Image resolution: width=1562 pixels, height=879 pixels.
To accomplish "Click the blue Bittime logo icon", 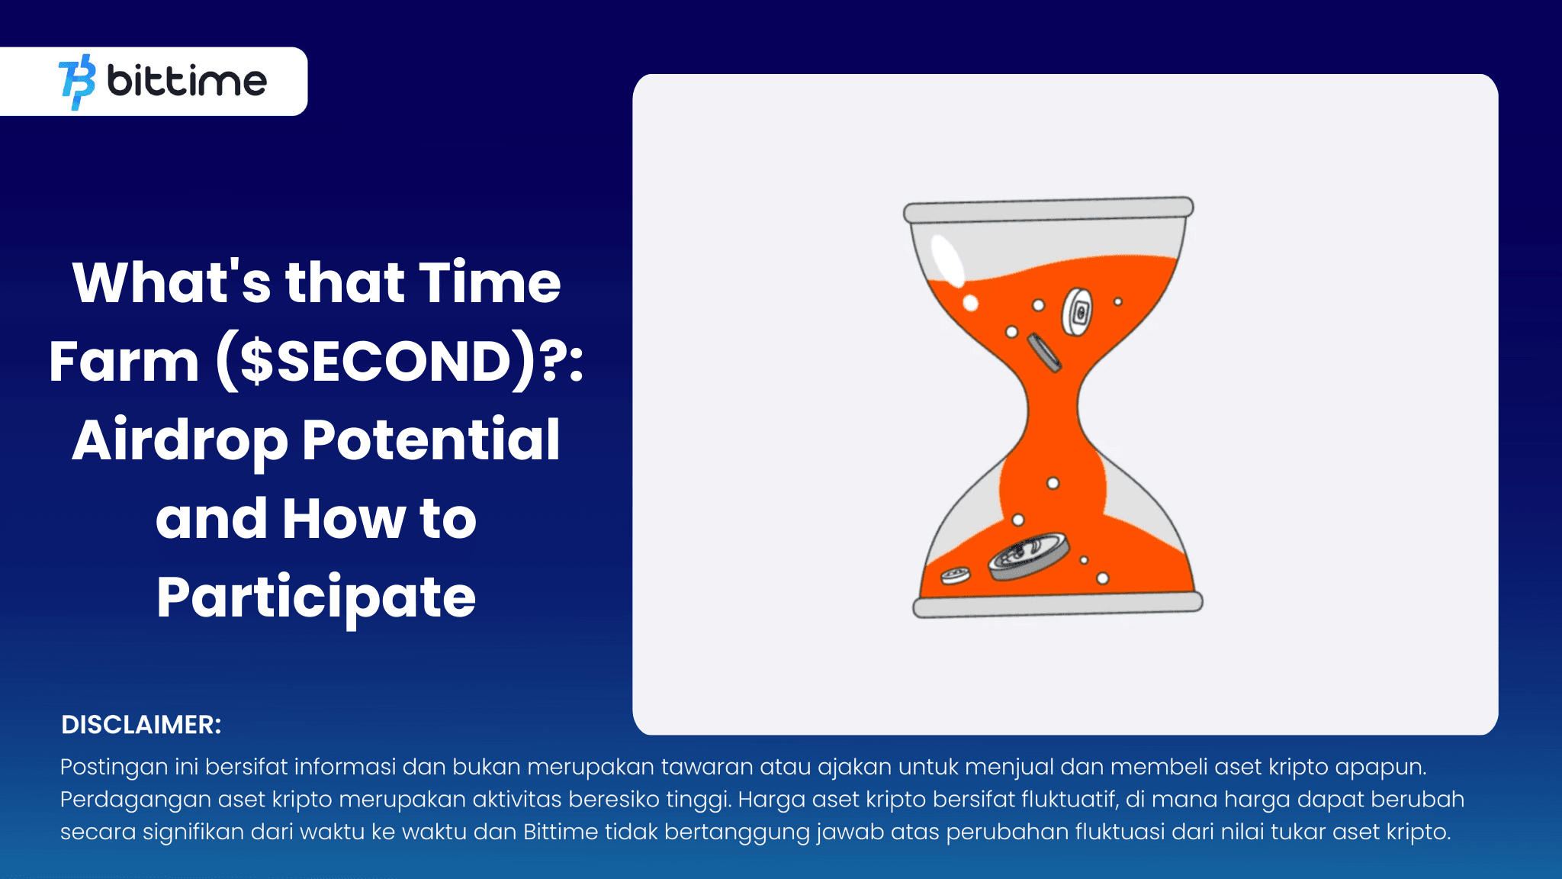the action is point(77,82).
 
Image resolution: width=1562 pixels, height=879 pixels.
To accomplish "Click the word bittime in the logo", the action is point(187,81).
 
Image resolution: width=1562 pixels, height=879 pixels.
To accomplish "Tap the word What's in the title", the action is point(172,282).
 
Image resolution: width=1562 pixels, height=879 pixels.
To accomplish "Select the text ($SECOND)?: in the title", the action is point(400,361).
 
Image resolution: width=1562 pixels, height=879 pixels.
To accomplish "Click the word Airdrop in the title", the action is point(180,442).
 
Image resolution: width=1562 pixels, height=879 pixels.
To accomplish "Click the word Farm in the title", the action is point(124,361).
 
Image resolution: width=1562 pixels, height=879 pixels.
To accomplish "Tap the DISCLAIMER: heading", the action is point(141,724).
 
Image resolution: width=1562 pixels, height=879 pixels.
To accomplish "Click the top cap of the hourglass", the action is point(1049,210).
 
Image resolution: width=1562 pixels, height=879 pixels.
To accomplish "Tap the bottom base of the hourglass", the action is point(1058,604).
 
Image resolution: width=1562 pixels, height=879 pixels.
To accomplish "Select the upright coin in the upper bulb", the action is point(1076,311).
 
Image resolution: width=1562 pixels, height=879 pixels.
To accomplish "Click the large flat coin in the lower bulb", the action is point(1028,556).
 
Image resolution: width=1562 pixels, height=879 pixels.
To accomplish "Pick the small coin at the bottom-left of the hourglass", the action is point(955,576).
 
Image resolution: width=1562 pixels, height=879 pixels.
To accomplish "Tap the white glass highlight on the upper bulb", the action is point(948,259).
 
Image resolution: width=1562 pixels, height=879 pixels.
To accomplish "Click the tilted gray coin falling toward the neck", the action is point(1044,353).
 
